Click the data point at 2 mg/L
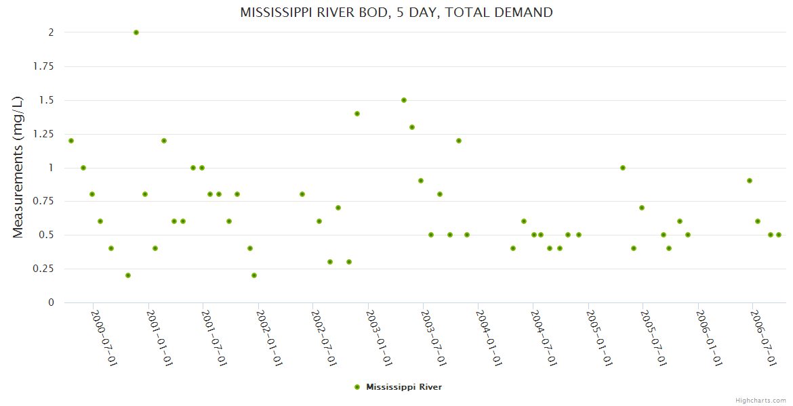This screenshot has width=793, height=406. click(136, 32)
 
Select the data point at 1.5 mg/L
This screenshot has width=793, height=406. click(404, 100)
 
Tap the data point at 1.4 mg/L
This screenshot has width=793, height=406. click(357, 114)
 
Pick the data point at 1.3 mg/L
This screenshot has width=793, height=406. click(412, 127)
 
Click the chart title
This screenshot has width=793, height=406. click(396, 13)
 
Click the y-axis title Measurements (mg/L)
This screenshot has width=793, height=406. click(18, 166)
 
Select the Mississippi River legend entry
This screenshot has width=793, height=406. click(399, 387)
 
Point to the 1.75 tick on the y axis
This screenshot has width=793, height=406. click(44, 66)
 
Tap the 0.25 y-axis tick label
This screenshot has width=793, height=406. click(44, 269)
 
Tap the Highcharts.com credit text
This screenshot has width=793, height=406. click(761, 400)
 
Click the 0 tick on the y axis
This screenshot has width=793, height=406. click(51, 302)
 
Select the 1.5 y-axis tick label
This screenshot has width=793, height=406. click(47, 100)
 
